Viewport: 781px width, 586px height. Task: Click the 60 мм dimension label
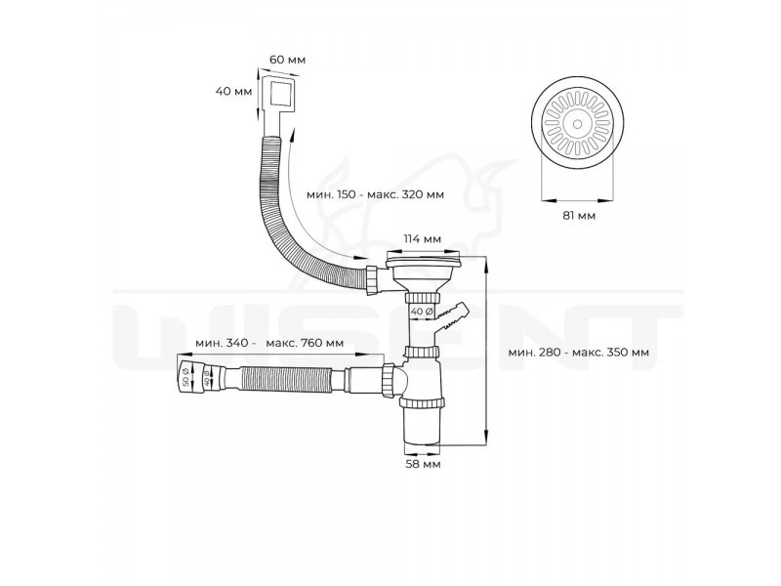click(287, 60)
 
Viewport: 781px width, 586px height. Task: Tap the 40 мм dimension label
click(233, 91)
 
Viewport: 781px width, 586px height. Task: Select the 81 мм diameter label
click(579, 216)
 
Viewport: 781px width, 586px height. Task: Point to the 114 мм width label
click(422, 239)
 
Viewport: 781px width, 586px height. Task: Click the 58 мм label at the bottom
click(423, 464)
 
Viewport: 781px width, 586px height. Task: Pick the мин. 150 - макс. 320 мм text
click(375, 194)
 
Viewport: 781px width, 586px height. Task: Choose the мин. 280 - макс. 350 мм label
click(578, 353)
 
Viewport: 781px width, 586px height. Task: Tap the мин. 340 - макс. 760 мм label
click(269, 344)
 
